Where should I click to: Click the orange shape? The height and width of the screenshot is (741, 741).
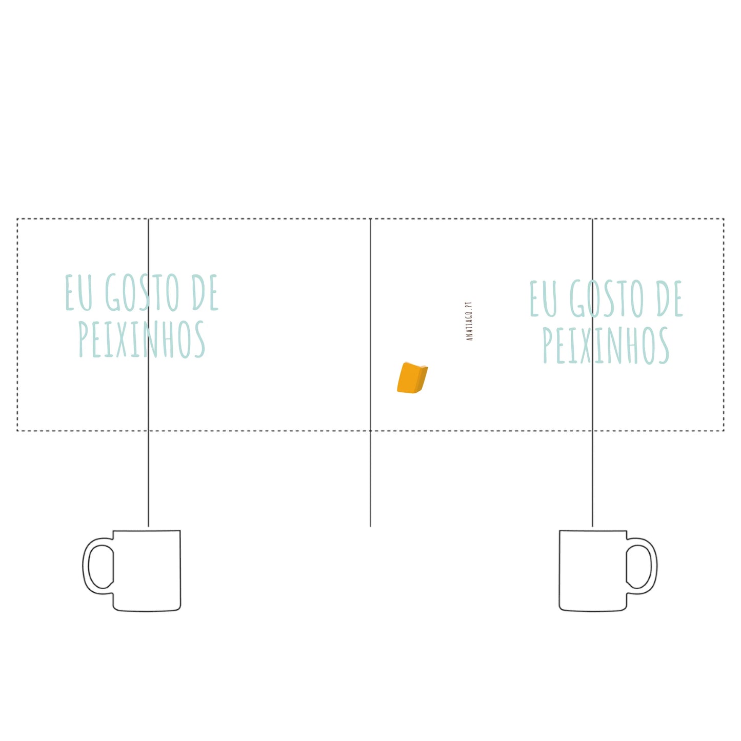coord(412,377)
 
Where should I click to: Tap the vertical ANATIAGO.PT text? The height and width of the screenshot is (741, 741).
coord(469,321)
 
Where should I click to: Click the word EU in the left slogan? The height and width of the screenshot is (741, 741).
coord(79,292)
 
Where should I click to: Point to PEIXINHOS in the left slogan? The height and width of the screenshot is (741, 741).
coord(142,339)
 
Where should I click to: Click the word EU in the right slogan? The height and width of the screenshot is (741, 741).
coord(544,298)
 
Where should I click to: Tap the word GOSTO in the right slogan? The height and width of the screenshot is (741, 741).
coord(607,298)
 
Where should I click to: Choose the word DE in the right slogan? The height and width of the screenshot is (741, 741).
coord(670,298)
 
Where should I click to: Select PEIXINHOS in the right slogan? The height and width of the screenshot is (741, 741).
coord(606,346)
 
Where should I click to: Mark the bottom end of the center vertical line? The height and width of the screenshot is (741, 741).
coord(370,527)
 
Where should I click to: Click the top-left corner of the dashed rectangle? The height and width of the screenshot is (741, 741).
coord(17,219)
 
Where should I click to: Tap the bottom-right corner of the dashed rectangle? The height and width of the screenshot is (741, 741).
coord(724,431)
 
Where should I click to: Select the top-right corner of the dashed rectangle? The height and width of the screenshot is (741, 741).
coord(724,219)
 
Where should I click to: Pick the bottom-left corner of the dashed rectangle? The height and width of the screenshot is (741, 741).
coord(17,431)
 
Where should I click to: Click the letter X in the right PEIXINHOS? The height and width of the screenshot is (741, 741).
coord(586,346)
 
